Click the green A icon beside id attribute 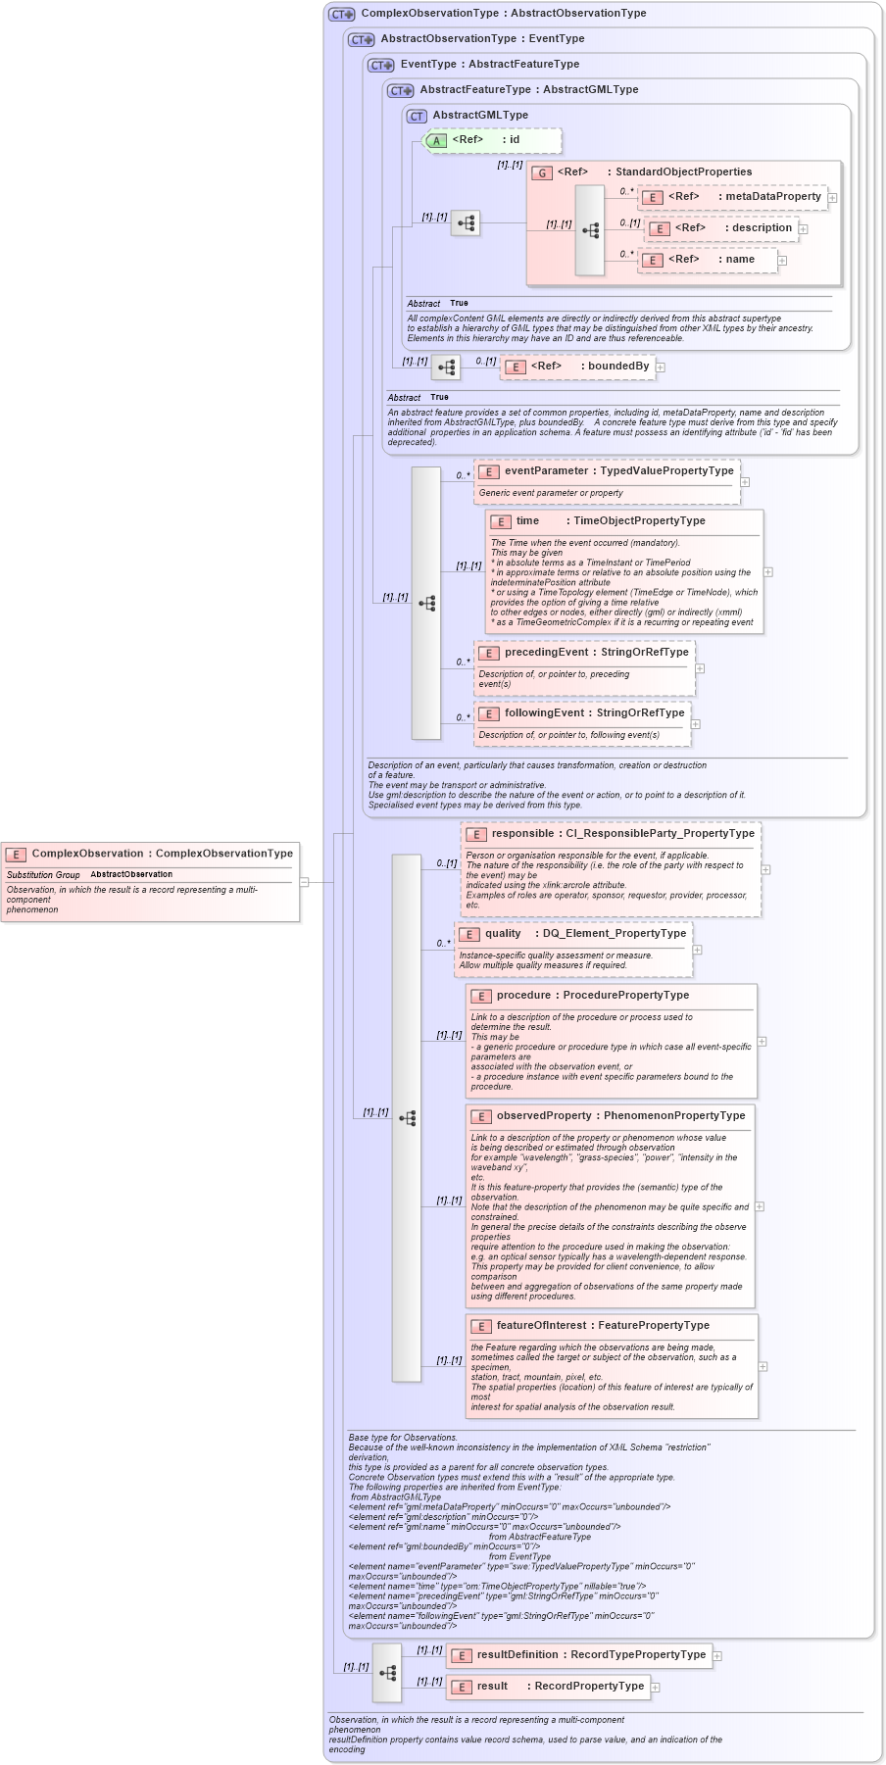436,141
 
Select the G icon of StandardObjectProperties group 542,172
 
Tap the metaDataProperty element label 772,197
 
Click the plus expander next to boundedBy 661,368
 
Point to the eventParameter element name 546,471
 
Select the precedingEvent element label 546,653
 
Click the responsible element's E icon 475,835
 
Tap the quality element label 503,934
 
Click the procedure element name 523,996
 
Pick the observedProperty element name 544,1116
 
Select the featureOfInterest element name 541,1326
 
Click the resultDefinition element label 517,1655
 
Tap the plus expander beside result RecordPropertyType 656,1688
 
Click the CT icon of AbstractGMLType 417,117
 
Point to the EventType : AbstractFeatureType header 489,65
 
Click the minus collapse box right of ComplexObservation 304,882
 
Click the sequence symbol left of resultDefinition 387,1673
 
